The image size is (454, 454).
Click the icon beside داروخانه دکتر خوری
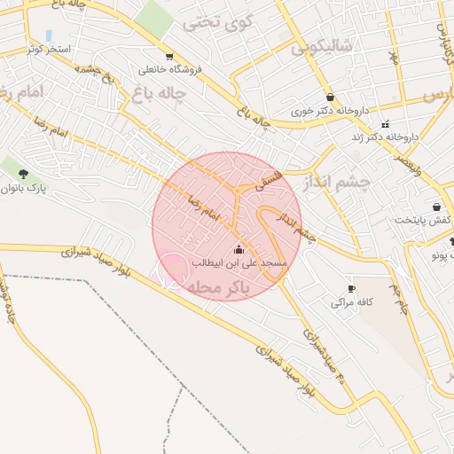tap(331, 98)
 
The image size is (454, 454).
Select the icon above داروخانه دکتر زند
tap(385, 124)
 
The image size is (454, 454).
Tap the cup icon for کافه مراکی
tap(351, 289)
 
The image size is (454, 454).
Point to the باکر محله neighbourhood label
tap(222, 287)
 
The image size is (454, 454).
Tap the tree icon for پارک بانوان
tap(23, 174)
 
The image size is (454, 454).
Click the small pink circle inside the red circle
tap(172, 270)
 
